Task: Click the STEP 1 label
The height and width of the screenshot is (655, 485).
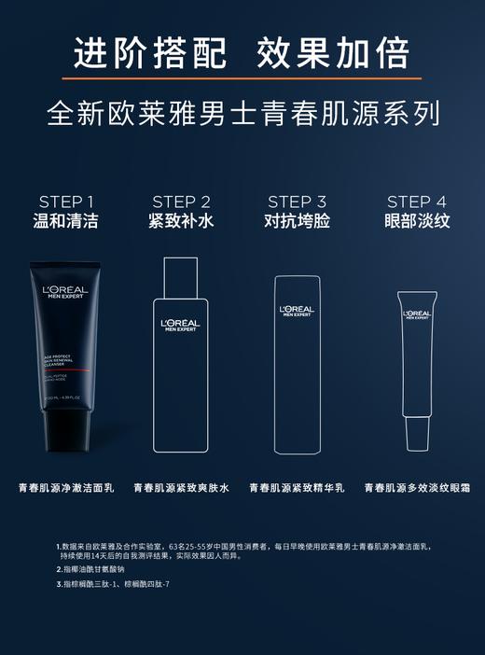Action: pos(66,202)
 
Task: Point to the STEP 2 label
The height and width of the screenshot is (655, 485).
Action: pos(181,202)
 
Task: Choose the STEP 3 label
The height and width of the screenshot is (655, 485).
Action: pos(297,202)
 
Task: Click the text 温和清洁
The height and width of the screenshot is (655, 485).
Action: pos(66,222)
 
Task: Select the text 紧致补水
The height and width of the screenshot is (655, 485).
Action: pos(181,222)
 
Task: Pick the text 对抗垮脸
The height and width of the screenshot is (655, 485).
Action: pos(297,222)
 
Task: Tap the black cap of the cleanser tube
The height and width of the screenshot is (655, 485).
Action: pos(66,431)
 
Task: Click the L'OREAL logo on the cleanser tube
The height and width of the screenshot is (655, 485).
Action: pos(65,292)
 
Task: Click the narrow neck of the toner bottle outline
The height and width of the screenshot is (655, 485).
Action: pos(181,275)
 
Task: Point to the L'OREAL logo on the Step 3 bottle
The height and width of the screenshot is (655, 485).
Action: pos(297,311)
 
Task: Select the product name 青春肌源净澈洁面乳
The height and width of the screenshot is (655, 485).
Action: pos(66,488)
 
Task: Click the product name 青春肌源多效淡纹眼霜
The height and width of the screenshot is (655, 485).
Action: pos(417,488)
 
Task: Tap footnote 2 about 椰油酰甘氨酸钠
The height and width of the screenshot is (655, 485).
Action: pos(93,569)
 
